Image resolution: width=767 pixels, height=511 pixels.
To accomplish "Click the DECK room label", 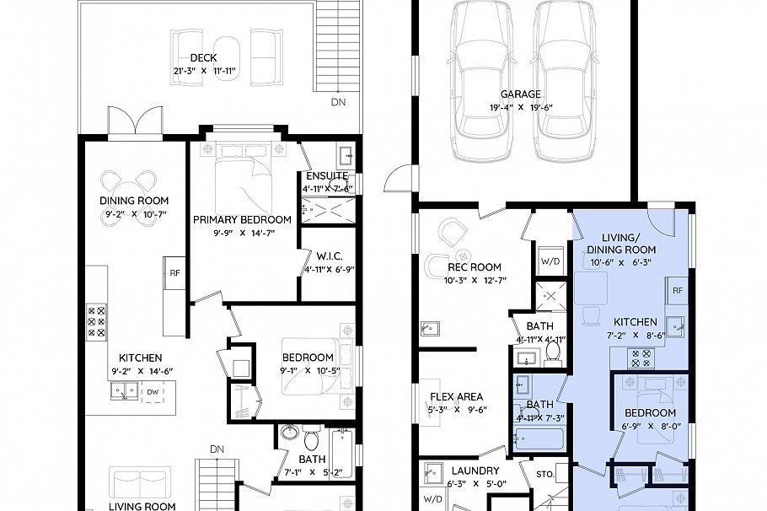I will point(204,58).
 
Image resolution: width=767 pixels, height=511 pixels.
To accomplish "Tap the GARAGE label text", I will point(521,94).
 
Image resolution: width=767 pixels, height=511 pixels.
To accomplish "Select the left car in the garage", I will point(483,80).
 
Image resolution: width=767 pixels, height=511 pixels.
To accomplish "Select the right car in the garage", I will point(563,80).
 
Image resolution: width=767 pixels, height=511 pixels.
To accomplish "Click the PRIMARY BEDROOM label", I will point(242,219).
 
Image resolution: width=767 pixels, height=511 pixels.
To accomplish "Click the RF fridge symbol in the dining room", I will point(175,272).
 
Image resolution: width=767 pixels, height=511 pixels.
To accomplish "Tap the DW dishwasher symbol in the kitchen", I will point(153,392).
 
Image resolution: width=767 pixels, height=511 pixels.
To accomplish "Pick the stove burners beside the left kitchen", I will point(97,321).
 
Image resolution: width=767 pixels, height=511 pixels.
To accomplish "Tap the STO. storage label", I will point(544,475).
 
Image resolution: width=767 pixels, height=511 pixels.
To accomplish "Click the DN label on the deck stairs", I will point(338,102).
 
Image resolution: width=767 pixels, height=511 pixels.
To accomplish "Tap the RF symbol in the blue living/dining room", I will point(677,290).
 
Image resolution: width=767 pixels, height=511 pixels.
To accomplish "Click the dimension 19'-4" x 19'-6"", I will point(520,107).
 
